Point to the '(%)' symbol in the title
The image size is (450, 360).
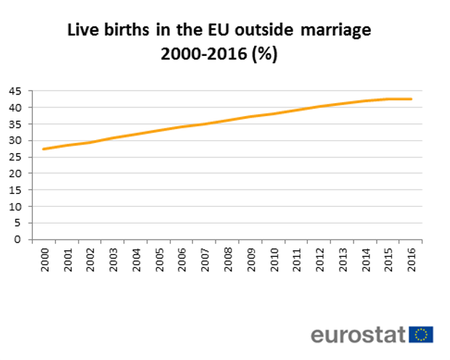(x=265, y=54)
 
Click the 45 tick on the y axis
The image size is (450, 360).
(x=15, y=91)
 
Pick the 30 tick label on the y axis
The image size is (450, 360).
(x=15, y=141)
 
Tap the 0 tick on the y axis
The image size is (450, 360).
(x=18, y=240)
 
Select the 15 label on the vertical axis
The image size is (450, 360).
(x=15, y=190)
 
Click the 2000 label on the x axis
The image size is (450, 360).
(x=44, y=260)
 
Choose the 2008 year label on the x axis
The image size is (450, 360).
(x=229, y=260)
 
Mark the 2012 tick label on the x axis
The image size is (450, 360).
(x=320, y=260)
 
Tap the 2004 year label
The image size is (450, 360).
(x=136, y=260)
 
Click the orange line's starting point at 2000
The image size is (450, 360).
(x=44, y=149)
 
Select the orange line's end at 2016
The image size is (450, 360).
(x=412, y=99)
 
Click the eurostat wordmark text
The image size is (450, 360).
(x=358, y=334)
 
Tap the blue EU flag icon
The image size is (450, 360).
(x=421, y=334)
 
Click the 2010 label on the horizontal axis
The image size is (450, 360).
(x=274, y=260)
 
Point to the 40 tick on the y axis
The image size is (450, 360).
(x=15, y=107)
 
